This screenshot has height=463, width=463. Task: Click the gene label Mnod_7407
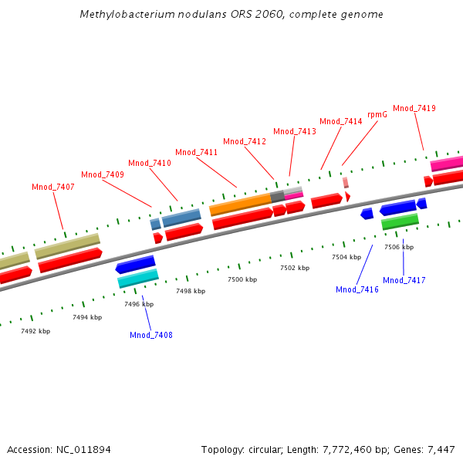tap(53, 188)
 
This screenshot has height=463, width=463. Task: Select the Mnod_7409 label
tap(103, 174)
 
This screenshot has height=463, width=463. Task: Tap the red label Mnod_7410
tap(150, 163)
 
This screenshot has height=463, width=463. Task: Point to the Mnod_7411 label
tap(196, 152)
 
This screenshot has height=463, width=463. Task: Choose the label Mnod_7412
tap(245, 141)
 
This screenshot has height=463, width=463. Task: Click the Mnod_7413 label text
tap(295, 131)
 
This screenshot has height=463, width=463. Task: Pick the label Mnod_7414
tap(341, 121)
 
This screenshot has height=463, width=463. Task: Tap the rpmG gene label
tap(377, 114)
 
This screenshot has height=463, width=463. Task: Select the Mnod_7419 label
tap(414, 108)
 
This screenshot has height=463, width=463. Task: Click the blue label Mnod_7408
tap(151, 335)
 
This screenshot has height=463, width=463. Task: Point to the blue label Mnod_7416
tap(357, 289)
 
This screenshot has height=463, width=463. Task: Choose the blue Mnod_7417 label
tap(404, 280)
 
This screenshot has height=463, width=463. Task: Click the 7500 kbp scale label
tap(242, 279)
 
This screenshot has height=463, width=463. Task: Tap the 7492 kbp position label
tap(35, 331)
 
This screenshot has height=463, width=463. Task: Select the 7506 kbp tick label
tap(399, 247)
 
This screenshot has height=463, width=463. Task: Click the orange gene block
tap(240, 204)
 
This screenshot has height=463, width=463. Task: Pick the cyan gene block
tap(138, 279)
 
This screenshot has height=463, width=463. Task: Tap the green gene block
tap(400, 221)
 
